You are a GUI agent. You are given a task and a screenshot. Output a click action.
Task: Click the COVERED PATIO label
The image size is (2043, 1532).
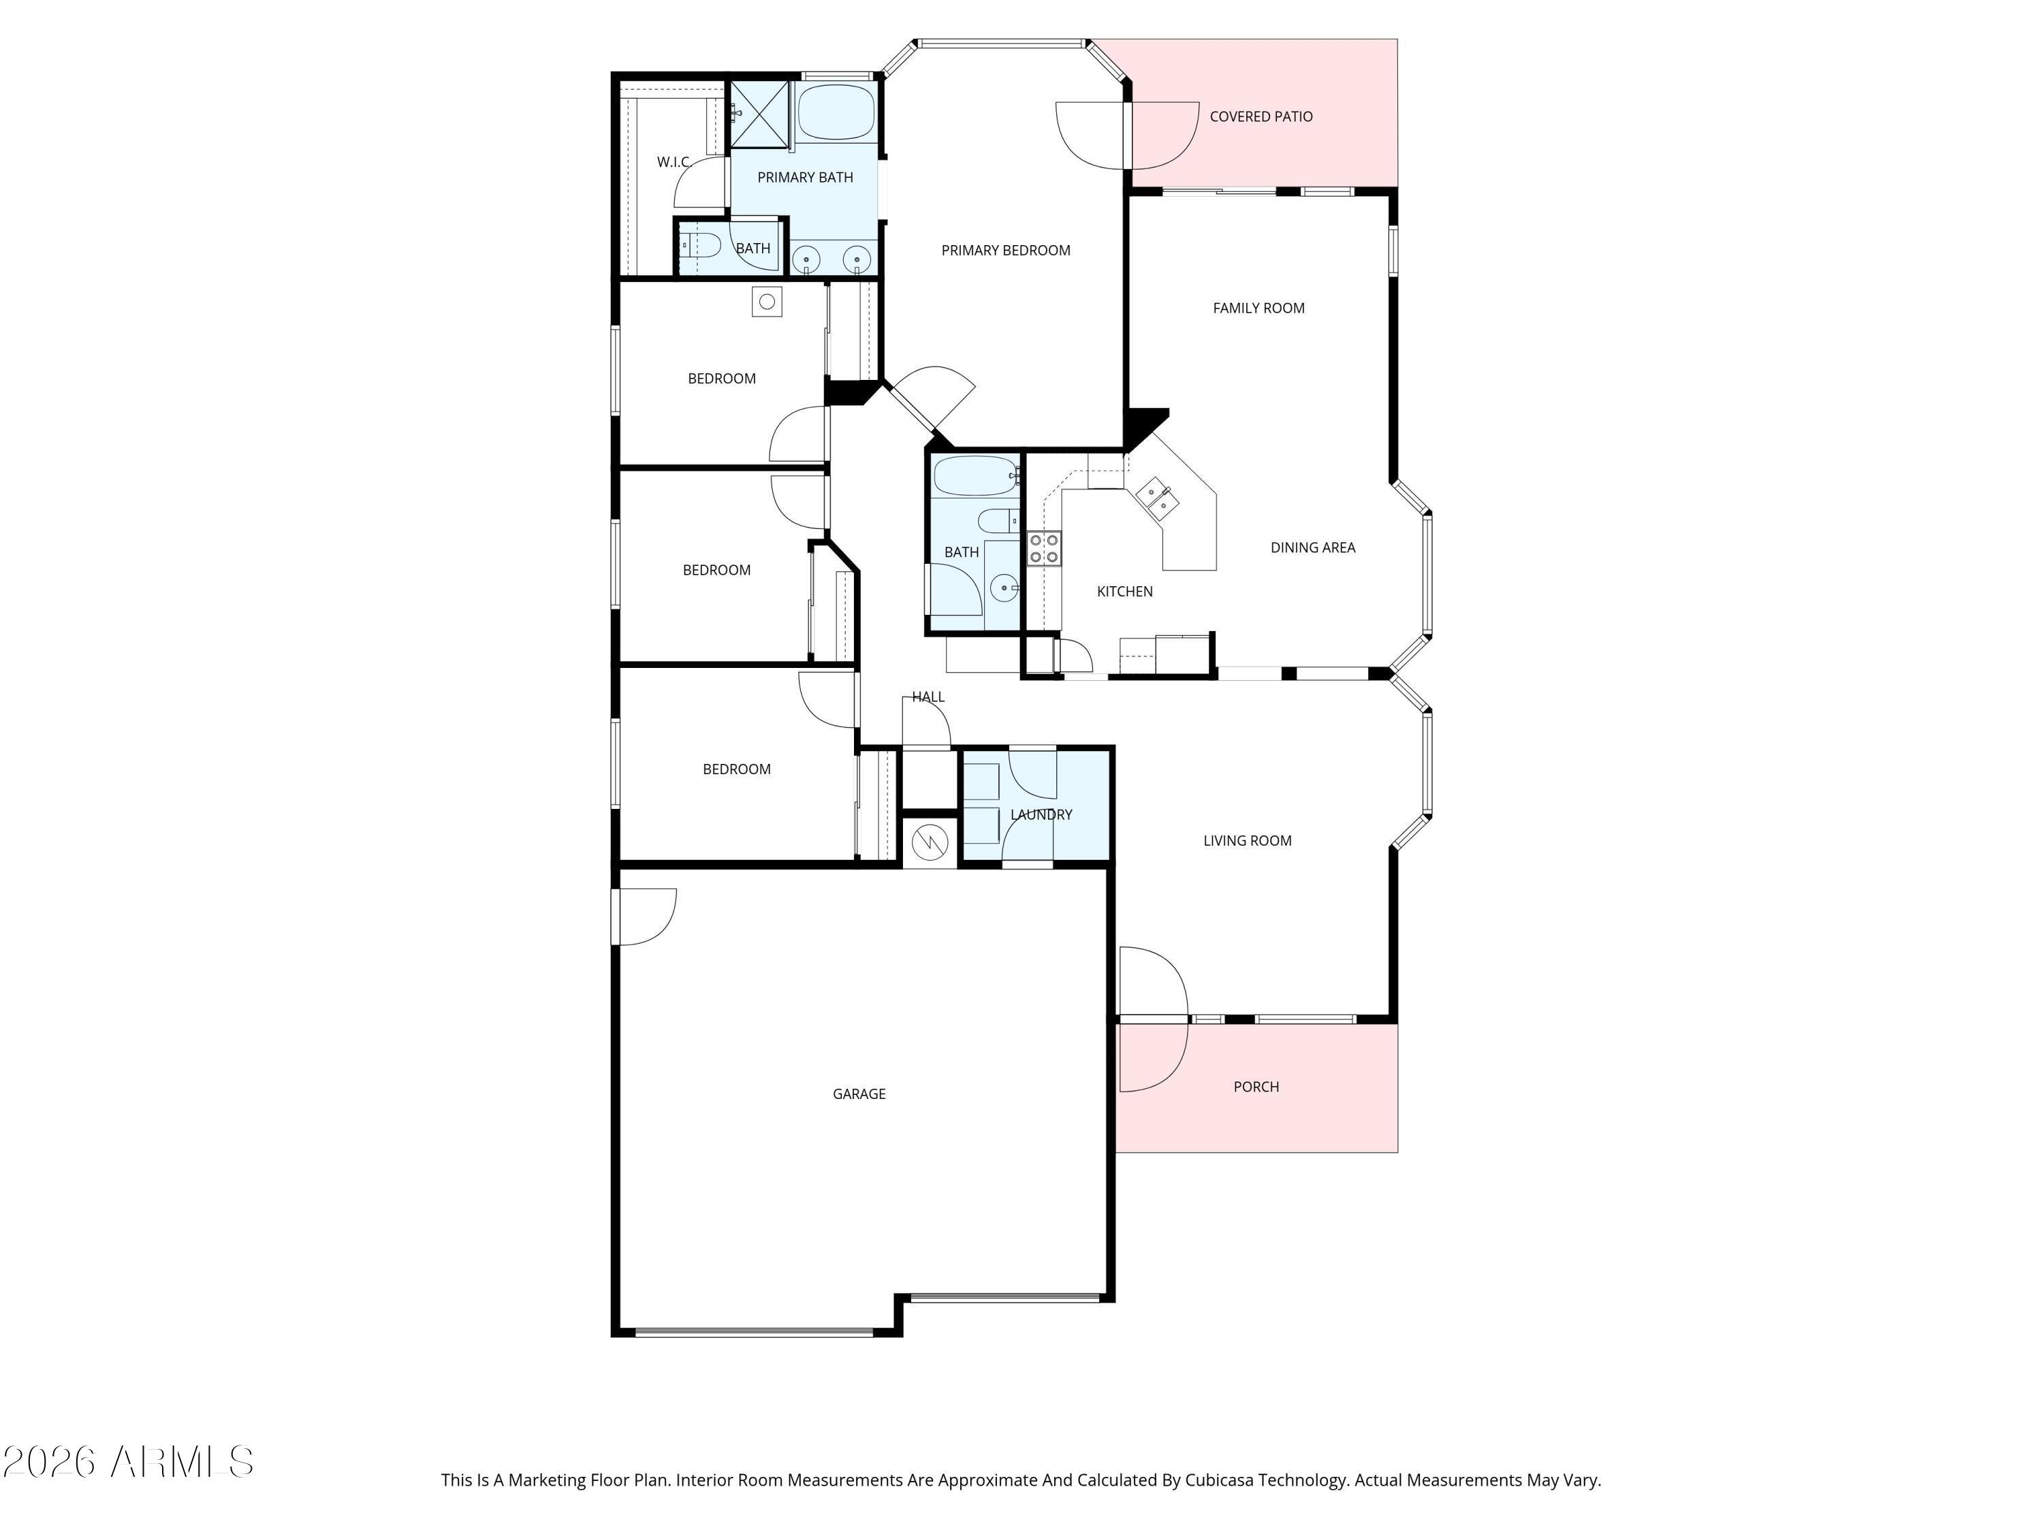(x=1260, y=116)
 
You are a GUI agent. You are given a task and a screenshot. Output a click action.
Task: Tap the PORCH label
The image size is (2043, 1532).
(x=1255, y=1087)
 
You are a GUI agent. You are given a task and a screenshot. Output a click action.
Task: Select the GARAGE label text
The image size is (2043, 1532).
(x=858, y=1094)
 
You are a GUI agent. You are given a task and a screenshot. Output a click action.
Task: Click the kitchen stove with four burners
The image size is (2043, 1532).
(x=1044, y=549)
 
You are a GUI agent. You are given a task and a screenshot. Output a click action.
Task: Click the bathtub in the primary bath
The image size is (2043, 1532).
(x=835, y=112)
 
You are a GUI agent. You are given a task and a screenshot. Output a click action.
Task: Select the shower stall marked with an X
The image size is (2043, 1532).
(x=760, y=114)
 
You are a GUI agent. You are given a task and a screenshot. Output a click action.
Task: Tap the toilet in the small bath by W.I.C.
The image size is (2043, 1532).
(x=700, y=246)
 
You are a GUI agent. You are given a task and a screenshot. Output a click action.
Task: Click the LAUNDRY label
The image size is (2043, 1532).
(x=1041, y=814)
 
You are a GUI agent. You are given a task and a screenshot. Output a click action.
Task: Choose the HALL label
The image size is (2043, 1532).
(x=928, y=697)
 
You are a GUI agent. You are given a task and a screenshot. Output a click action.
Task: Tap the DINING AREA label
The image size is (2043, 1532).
(x=1312, y=547)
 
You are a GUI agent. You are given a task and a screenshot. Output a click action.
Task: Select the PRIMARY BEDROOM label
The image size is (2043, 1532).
(x=1005, y=251)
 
